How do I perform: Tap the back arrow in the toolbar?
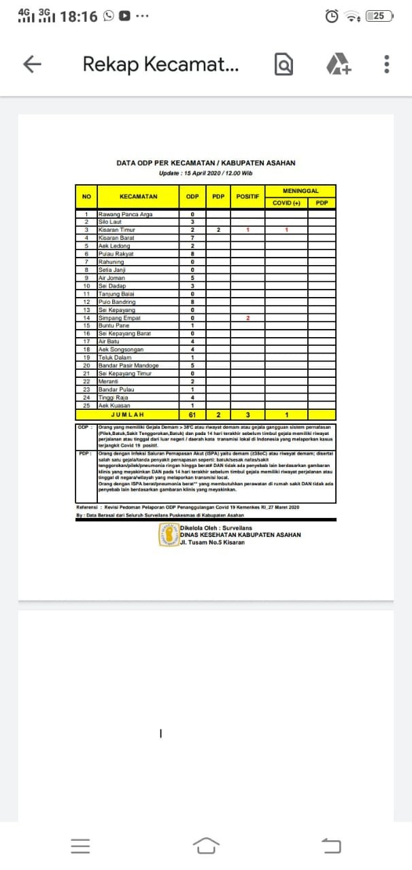(33, 64)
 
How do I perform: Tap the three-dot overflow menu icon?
(386, 64)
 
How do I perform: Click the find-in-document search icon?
(284, 64)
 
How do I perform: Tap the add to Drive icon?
(338, 64)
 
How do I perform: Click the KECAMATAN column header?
(138, 196)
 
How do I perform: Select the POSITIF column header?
(247, 196)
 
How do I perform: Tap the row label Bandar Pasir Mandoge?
(128, 365)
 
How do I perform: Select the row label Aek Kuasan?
(114, 405)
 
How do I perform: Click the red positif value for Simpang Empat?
(248, 318)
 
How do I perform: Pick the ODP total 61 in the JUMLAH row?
(193, 414)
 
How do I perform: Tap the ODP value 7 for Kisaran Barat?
(193, 239)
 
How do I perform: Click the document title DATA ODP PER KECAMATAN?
(206, 163)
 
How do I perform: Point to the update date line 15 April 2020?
(206, 173)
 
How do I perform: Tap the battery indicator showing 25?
(379, 16)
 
